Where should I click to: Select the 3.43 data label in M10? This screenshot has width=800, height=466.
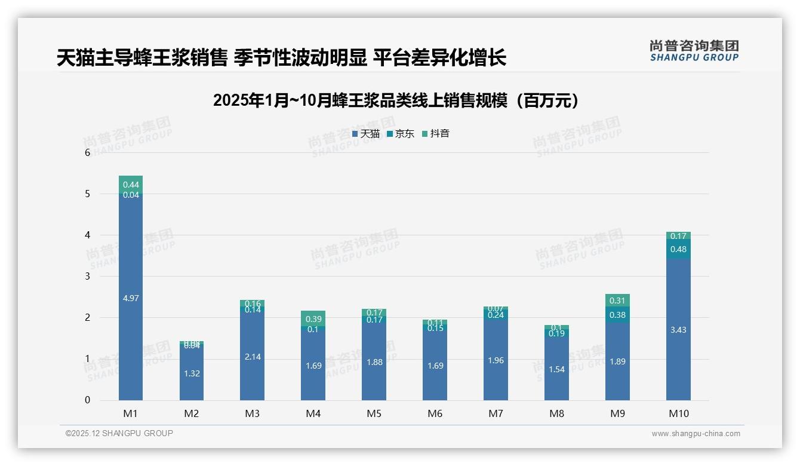tap(678, 330)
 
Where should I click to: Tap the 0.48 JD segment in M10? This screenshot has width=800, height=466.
tap(678, 249)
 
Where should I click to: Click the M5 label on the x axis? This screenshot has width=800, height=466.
tap(374, 413)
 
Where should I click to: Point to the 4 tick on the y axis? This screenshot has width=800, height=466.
tap(87, 235)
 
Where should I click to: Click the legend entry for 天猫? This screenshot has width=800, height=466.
tap(366, 134)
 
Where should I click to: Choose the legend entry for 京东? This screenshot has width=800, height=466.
tap(401, 134)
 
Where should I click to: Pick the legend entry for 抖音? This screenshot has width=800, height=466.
tap(436, 134)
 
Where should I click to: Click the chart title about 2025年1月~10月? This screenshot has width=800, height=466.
tap(396, 100)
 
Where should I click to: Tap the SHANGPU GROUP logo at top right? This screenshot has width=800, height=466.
tap(694, 50)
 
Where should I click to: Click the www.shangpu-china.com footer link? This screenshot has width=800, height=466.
tap(696, 434)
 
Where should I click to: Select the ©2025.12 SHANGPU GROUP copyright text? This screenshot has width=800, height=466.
tap(119, 434)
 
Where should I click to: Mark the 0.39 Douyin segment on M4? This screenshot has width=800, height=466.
tap(313, 318)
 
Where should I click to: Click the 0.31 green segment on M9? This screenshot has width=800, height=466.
tap(617, 301)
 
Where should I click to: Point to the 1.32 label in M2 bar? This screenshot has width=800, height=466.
tap(191, 374)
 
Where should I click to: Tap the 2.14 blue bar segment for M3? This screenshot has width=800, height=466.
tap(252, 357)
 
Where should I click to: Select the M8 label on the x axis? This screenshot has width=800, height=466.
tap(556, 413)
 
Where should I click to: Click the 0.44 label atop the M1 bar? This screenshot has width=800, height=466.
tap(131, 185)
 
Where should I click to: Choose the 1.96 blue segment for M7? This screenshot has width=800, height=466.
tap(496, 360)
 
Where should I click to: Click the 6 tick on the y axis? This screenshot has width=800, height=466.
tap(87, 152)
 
